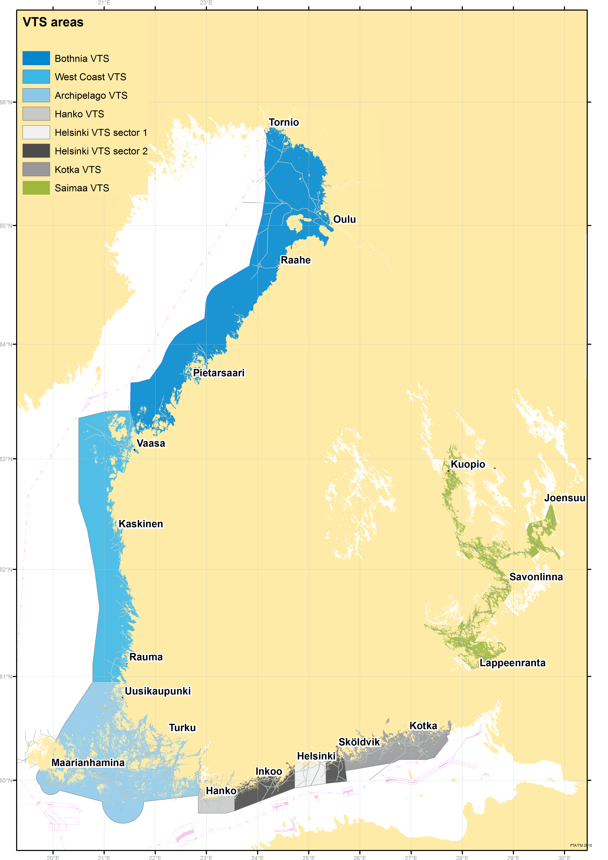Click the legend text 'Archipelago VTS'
coord(91,95)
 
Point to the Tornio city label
coord(284,123)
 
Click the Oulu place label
coord(344,219)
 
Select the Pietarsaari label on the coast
coord(219,373)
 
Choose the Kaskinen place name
coord(141,524)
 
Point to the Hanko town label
coord(221,791)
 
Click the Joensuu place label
coord(565,498)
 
